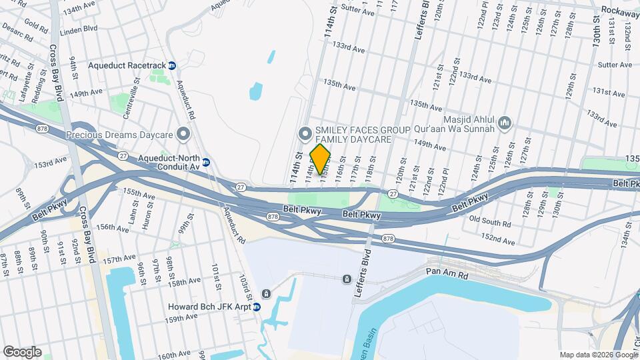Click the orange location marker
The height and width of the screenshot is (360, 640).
point(321,159)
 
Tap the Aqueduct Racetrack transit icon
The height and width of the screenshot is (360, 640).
point(172,66)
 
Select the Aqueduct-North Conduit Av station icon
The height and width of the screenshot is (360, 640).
point(206,162)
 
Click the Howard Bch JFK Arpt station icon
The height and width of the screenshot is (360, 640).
point(256,307)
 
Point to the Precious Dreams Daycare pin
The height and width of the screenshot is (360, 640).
point(183,135)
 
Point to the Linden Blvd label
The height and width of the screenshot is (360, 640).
point(79,29)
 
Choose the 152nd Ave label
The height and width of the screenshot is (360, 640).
point(499,240)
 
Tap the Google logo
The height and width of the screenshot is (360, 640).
point(22,351)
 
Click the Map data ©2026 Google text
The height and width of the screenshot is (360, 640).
point(598,355)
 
